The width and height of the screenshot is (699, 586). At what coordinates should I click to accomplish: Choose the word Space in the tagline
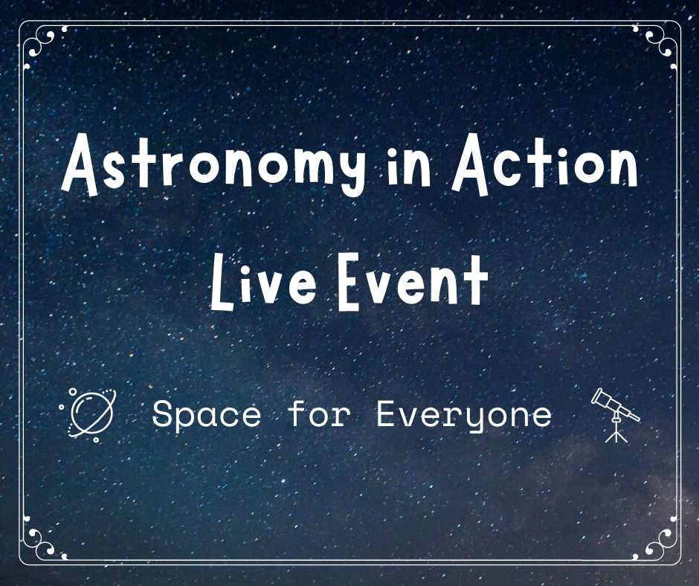(x=206, y=415)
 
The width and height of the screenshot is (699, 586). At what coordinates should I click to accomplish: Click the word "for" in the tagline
(x=318, y=413)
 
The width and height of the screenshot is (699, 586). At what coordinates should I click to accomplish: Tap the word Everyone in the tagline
(x=464, y=415)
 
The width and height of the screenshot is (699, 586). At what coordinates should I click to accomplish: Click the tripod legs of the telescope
(x=616, y=432)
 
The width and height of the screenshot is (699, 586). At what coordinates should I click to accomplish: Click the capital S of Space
(x=161, y=414)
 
